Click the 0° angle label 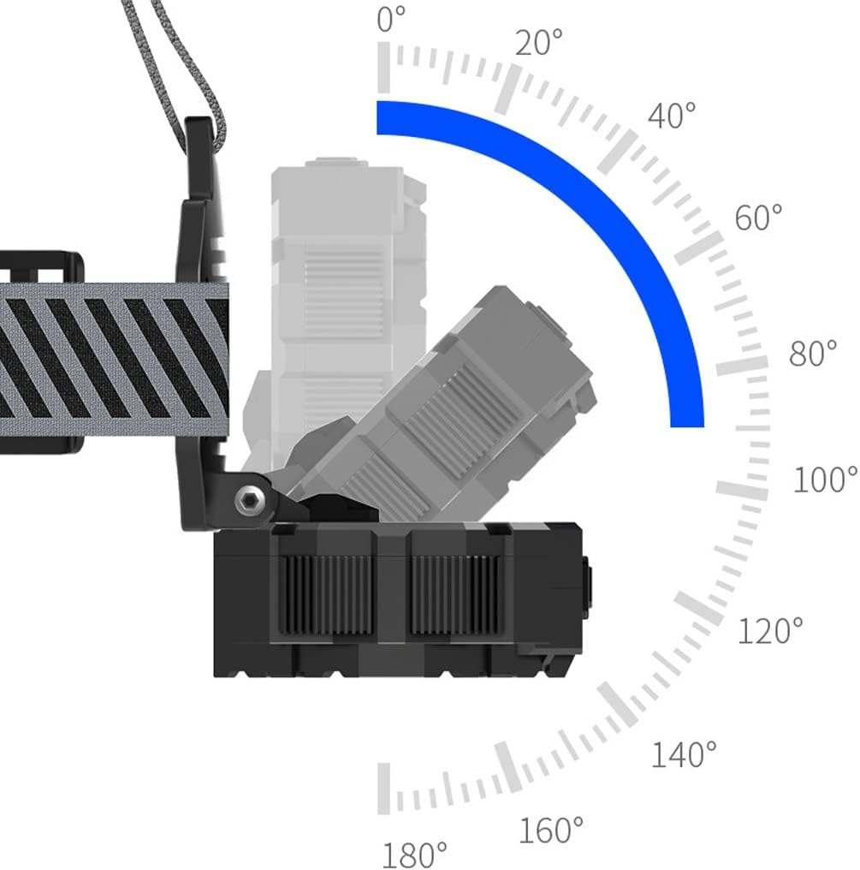pos(391,20)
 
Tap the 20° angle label pos(538,43)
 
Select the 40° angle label pos(672,116)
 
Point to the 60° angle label pos(758,217)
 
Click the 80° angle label pos(813,353)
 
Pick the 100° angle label pos(826,480)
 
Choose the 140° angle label pos(683,754)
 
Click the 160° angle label pos(551,830)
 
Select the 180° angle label pos(415,855)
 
